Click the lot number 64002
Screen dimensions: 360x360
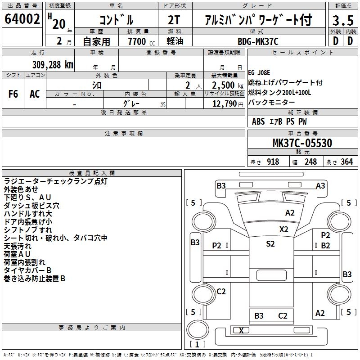pyautogui.click(x=22, y=20)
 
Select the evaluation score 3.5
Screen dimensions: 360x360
pyautogui.click(x=342, y=20)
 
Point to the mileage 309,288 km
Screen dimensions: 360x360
pyautogui.click(x=53, y=64)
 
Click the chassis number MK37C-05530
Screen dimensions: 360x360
pyautogui.click(x=302, y=144)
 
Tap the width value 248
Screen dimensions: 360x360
pyautogui.click(x=310, y=162)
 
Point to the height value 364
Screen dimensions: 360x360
pyautogui.click(x=346, y=162)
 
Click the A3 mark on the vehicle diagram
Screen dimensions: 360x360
pyautogui.click(x=321, y=185)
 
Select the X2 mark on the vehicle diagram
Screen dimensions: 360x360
pyautogui.click(x=283, y=229)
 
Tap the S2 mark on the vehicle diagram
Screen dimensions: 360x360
pyautogui.click(x=270, y=244)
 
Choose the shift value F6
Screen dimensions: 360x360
pyautogui.click(x=13, y=94)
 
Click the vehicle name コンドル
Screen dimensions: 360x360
pyautogui.click(x=116, y=20)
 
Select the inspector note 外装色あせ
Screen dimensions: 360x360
pyautogui.click(x=21, y=189)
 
